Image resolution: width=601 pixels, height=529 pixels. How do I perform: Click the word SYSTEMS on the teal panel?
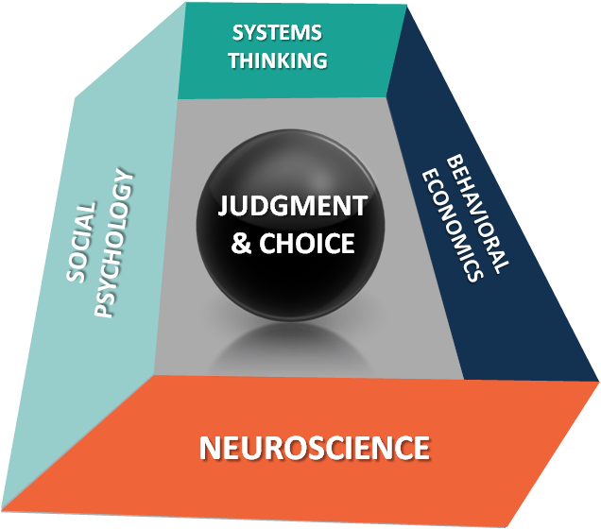point(277,33)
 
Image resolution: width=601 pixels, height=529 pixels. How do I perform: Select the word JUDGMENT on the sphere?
point(294,206)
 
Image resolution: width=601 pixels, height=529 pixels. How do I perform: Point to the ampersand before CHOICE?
point(242,244)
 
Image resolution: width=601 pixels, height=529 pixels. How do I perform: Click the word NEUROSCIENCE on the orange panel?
point(314,447)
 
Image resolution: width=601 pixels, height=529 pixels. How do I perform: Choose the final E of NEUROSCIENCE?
point(421,446)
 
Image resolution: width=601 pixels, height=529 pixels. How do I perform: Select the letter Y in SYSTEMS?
point(249,33)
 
